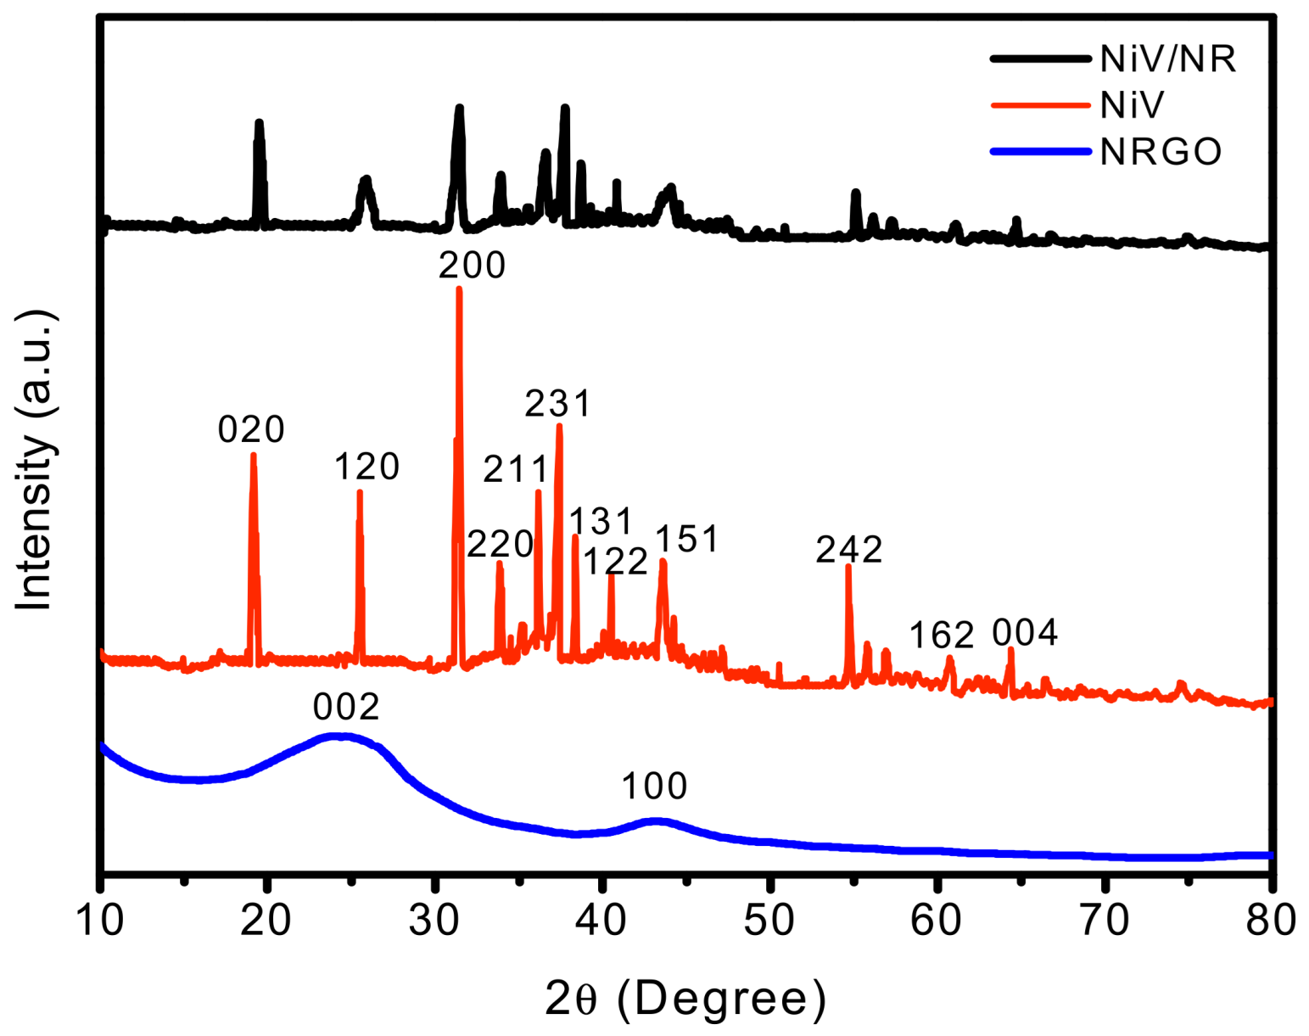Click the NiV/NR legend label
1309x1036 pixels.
pyautogui.click(x=1167, y=59)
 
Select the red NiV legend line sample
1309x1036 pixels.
pyautogui.click(x=1040, y=106)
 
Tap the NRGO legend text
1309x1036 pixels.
pyautogui.click(x=1161, y=152)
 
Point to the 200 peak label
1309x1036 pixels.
pyautogui.click(x=473, y=266)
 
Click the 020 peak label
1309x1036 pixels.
pyautogui.click(x=251, y=430)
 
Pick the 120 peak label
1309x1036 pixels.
pyautogui.click(x=366, y=468)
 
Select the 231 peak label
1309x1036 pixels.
pyautogui.click(x=557, y=404)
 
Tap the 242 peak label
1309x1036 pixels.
pyautogui.click(x=849, y=550)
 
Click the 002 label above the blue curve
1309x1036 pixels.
pyautogui.click(x=346, y=707)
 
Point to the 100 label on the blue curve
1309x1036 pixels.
pyautogui.click(x=654, y=787)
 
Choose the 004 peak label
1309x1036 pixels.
pyautogui.click(x=1025, y=633)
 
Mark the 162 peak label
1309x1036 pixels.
pyautogui.click(x=942, y=636)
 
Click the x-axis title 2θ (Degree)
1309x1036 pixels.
pyautogui.click(x=685, y=999)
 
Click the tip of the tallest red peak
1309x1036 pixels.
pyautogui.click(x=459, y=289)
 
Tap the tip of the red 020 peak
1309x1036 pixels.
pyautogui.click(x=253, y=456)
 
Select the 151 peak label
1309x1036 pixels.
pyautogui.click(x=687, y=539)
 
